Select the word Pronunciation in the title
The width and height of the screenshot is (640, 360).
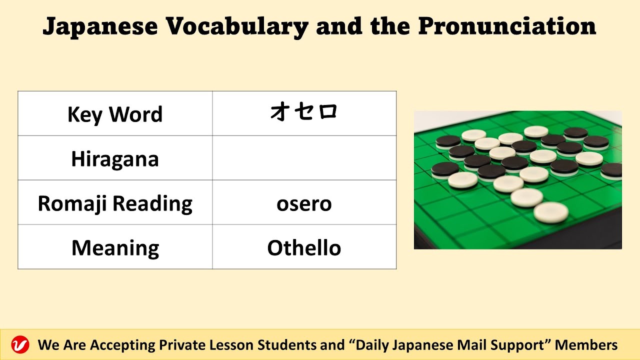pos(507,27)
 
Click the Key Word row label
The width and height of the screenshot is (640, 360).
pos(115,114)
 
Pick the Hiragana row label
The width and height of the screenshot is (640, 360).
pos(115,159)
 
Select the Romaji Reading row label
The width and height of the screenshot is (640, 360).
pos(115,203)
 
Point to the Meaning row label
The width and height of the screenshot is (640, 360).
pos(115,248)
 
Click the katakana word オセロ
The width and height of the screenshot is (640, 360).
pos(304,112)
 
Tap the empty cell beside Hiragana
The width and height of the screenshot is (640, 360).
pos(304,158)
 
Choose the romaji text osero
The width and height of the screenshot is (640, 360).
pos(304,204)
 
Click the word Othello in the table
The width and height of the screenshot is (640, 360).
pos(304,248)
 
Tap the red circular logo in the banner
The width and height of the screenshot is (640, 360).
pos(20,345)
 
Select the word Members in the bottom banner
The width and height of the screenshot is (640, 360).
pos(586,345)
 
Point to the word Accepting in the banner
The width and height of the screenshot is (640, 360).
pos(122,345)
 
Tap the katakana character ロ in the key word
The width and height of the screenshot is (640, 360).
pos(327,112)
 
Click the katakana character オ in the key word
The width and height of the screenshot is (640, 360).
pos(280,112)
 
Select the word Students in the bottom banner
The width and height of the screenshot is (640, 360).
pos(286,345)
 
